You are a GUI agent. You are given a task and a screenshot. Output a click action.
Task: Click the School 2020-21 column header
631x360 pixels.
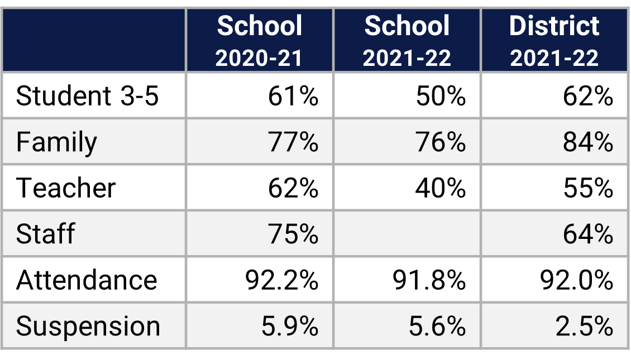tap(260, 41)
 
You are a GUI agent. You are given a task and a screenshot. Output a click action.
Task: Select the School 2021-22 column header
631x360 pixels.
tap(407, 41)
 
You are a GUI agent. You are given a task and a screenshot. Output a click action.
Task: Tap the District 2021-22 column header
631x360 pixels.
tap(554, 41)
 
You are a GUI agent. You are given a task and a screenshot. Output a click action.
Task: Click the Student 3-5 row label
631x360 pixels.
tap(88, 96)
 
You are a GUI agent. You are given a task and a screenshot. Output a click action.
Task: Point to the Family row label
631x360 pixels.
tap(56, 142)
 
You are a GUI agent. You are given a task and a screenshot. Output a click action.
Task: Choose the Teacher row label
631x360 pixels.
tap(66, 188)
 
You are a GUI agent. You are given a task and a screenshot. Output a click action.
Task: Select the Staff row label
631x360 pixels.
tap(45, 233)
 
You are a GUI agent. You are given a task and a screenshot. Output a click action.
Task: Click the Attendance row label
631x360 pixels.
tap(87, 280)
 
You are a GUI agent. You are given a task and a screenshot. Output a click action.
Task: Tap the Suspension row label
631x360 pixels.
tap(88, 326)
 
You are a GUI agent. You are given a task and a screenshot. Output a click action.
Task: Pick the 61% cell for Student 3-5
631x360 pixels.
tap(293, 96)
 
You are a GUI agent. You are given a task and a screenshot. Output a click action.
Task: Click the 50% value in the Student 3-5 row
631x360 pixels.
tap(441, 96)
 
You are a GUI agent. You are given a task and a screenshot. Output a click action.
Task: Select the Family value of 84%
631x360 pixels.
tap(588, 142)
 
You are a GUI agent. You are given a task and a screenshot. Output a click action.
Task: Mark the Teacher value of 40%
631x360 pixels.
tap(441, 188)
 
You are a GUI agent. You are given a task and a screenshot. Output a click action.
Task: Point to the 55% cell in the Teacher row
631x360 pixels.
tap(588, 188)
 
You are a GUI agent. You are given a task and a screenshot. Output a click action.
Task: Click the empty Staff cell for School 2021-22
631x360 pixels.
tap(407, 233)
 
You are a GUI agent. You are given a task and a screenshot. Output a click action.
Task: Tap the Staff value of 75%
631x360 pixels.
tap(293, 233)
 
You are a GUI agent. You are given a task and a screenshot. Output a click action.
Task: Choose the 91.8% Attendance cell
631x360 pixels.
tap(429, 280)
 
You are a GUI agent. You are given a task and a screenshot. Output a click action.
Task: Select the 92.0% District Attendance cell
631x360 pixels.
tap(576, 280)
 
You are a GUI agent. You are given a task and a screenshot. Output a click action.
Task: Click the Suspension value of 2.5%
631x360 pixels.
tap(584, 326)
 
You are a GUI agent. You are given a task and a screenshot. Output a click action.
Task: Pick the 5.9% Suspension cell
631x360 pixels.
tap(289, 326)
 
